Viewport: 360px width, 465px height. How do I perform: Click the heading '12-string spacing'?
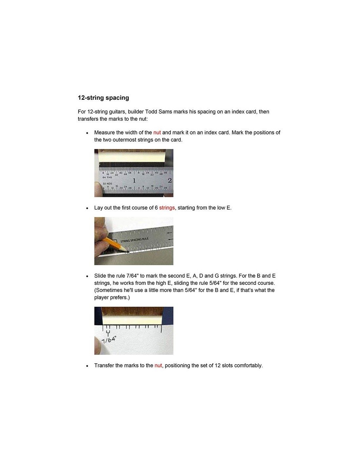coord(103,98)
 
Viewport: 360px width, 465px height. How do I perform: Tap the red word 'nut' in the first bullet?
coord(157,132)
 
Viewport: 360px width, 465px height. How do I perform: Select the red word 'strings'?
coord(167,208)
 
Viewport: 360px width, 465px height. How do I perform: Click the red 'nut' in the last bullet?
coord(158,365)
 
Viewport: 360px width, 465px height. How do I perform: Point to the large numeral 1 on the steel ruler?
coord(134,180)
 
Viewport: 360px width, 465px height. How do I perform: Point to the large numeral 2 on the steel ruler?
coord(170,180)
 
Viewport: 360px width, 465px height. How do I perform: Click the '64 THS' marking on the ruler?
coord(107,178)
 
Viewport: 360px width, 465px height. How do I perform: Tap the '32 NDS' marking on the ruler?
coord(107,184)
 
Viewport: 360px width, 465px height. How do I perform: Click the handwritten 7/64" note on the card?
coord(109,339)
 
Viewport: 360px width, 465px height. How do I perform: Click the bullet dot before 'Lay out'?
coord(87,208)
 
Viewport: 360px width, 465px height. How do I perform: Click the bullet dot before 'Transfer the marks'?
coord(87,366)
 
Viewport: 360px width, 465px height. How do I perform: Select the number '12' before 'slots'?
coord(217,365)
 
